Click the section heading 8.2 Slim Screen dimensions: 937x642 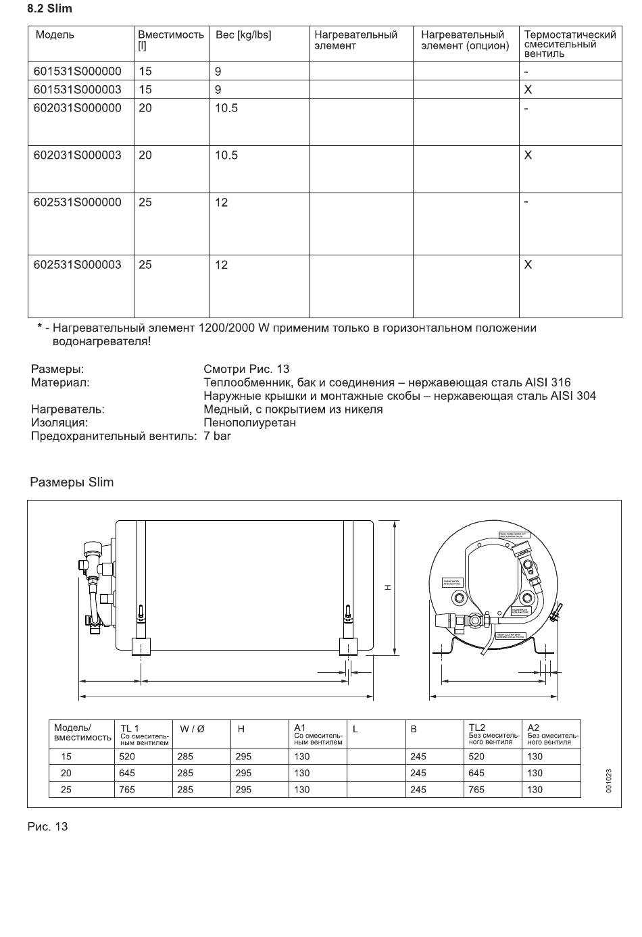(x=49, y=9)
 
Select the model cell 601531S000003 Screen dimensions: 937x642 (x=78, y=89)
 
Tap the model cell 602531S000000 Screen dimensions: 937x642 (x=78, y=202)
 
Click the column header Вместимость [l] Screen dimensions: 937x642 (x=170, y=40)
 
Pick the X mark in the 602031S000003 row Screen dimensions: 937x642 (x=528, y=155)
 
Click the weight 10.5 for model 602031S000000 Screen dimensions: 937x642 (x=226, y=108)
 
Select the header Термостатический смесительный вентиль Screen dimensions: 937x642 (x=570, y=44)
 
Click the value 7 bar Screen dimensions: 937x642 (x=217, y=436)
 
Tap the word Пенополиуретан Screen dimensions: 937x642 (x=249, y=423)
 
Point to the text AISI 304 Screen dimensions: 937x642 (x=573, y=396)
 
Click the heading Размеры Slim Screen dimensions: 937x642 (x=72, y=482)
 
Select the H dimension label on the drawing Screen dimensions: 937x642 (x=388, y=587)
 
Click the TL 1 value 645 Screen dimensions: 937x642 (x=127, y=773)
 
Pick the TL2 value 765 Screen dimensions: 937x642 (x=476, y=789)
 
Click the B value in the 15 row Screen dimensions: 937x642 (x=418, y=757)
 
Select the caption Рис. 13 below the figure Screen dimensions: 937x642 (x=47, y=827)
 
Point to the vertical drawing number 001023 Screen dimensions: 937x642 (x=609, y=780)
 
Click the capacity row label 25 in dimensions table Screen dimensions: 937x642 (x=66, y=789)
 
